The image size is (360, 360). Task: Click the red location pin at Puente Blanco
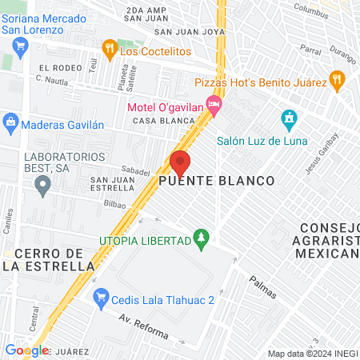click(179, 162)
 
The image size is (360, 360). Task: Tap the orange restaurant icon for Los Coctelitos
click(110, 50)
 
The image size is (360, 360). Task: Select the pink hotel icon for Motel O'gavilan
click(213, 104)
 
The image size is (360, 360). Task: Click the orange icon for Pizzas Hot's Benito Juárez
click(337, 81)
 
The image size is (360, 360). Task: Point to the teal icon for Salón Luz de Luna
click(289, 121)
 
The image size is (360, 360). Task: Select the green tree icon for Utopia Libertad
click(202, 238)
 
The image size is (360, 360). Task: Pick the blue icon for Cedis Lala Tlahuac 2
click(101, 299)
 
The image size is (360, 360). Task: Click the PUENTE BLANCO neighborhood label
click(216, 182)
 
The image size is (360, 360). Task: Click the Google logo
click(26, 350)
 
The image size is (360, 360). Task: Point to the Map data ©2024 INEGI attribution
click(311, 354)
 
